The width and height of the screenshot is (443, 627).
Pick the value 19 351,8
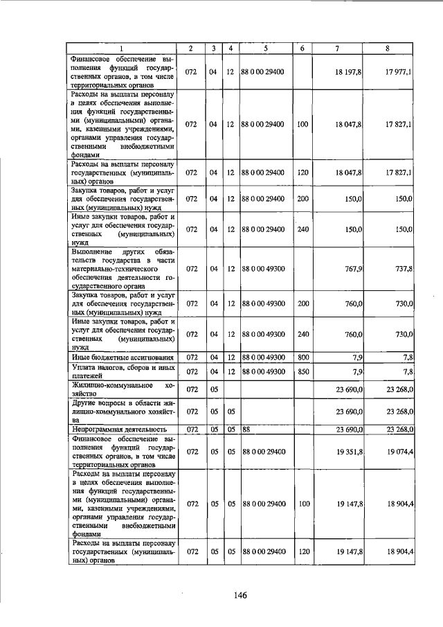click(x=348, y=452)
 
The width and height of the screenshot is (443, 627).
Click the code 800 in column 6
click(x=302, y=357)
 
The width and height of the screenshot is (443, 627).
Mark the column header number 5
click(x=266, y=48)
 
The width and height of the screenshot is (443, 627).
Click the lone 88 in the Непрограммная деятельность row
click(x=246, y=430)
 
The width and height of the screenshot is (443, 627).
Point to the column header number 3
click(x=214, y=48)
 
